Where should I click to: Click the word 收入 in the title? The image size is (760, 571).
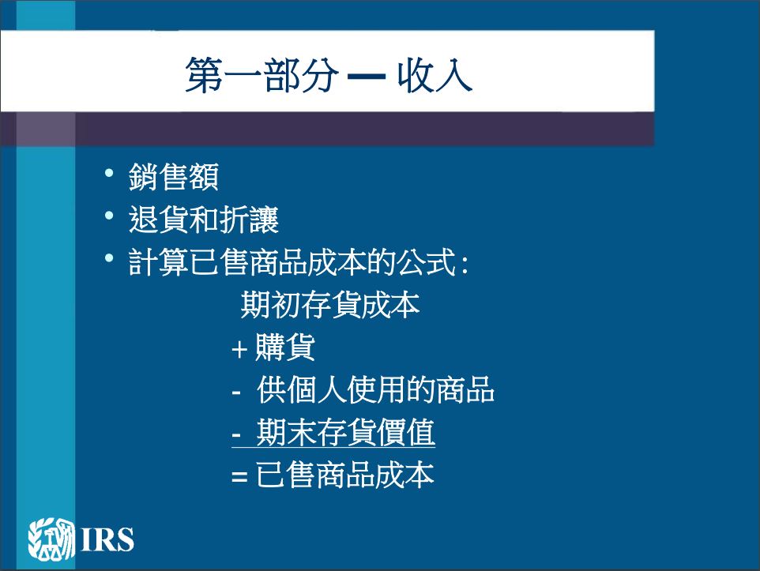click(x=435, y=75)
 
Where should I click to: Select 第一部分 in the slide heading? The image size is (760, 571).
click(x=261, y=75)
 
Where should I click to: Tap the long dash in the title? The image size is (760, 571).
click(x=367, y=76)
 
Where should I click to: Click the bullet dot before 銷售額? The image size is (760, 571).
click(x=109, y=172)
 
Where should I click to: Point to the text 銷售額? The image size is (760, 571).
click(x=174, y=176)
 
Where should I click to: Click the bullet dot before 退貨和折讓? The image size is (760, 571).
click(x=109, y=216)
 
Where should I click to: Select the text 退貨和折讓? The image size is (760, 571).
click(x=204, y=219)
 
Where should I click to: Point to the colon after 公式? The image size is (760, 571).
click(x=465, y=265)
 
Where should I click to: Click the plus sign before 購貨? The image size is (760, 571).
click(x=239, y=349)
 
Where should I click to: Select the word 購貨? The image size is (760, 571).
click(x=285, y=347)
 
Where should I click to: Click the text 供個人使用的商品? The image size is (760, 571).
click(x=375, y=389)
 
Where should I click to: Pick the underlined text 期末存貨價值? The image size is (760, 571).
click(x=345, y=432)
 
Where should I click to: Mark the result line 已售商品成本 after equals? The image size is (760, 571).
click(x=344, y=475)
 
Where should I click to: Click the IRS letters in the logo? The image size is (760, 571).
click(x=107, y=539)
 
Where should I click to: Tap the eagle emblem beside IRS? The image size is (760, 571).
click(x=51, y=539)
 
